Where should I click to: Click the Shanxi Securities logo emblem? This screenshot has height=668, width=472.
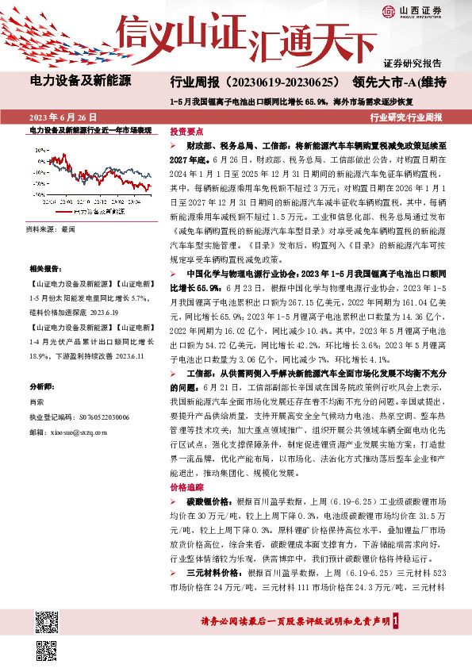(388, 10)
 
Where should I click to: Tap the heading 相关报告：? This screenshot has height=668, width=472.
(44, 271)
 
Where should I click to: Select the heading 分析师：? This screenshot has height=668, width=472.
(41, 386)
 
